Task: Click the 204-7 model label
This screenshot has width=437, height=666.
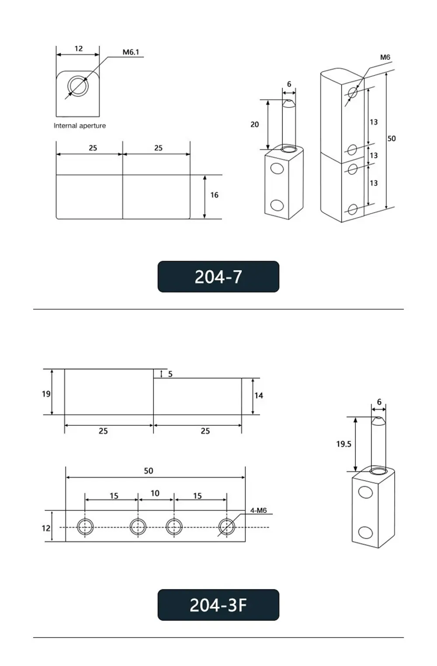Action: pos(218,277)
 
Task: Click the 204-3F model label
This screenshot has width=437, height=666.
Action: pos(218,605)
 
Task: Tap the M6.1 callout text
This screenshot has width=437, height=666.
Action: pos(130,52)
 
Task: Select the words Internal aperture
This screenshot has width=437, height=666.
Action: pos(80,126)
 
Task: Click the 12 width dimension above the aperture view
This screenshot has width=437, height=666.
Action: pos(78,48)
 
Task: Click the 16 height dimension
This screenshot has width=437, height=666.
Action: pos(214,195)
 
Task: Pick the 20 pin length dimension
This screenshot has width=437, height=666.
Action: pos(254,124)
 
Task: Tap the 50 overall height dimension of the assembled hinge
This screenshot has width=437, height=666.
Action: pos(391,138)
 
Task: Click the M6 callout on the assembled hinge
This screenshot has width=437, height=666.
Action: pos(385,57)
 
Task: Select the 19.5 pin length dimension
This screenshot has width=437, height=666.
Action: pos(343,444)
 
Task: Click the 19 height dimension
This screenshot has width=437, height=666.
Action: pos(46,394)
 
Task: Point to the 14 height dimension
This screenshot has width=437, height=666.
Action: pos(259,396)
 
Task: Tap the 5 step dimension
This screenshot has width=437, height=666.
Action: pos(170,374)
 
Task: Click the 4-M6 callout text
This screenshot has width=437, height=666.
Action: pos(258,511)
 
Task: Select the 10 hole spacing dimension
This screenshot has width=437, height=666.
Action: pos(155,493)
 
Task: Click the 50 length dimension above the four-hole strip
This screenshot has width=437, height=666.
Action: pos(149,471)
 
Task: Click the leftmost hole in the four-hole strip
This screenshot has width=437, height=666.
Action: pos(85,527)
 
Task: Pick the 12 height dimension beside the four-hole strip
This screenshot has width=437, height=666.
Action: pos(46,528)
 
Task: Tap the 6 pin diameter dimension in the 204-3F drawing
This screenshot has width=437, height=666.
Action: pos(379,402)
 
